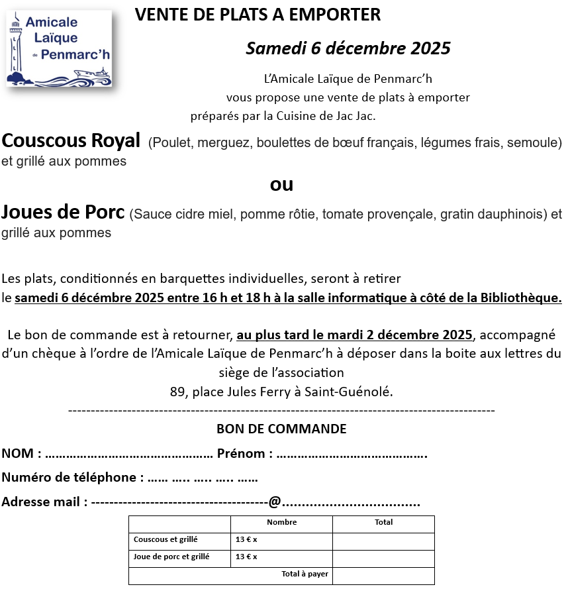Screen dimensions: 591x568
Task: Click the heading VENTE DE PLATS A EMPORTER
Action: (x=258, y=15)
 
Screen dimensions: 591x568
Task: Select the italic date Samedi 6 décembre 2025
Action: (x=348, y=48)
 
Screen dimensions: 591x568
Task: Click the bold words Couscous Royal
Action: (x=71, y=140)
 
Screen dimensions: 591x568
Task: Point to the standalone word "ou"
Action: (x=282, y=184)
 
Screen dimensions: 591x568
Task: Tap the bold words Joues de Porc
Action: (x=63, y=213)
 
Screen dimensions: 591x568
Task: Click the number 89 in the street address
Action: (x=177, y=392)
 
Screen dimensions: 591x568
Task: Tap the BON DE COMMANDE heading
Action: (x=281, y=429)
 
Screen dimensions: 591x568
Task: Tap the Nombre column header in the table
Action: (x=282, y=522)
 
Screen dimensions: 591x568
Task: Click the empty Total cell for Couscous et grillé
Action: (x=383, y=540)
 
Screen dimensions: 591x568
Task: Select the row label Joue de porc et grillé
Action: (x=171, y=557)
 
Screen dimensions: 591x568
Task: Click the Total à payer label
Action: (x=305, y=574)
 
